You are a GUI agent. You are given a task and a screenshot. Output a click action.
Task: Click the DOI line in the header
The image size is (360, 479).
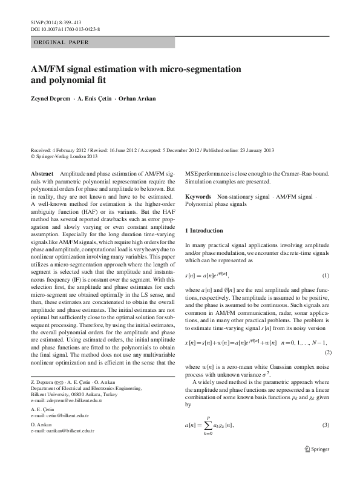coord(65,28)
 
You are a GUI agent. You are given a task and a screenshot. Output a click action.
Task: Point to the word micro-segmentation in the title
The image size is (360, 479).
coord(189,68)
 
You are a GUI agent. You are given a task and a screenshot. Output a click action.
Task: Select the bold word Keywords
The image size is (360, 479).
coord(198,197)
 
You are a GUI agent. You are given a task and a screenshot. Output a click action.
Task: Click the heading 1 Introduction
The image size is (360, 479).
coord(206,231)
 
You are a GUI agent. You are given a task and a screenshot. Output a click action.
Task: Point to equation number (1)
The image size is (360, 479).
coord(326,276)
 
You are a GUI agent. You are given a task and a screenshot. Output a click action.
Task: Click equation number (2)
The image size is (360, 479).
coord(329,352)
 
